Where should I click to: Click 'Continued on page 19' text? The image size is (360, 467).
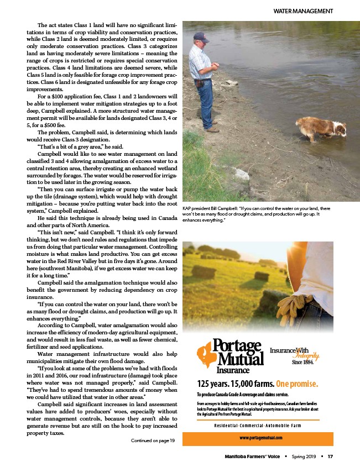(153, 440)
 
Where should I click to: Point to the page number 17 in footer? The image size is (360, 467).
(330, 456)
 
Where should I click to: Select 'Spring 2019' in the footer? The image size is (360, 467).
(304, 456)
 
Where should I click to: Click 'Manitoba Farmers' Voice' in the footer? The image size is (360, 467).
(253, 456)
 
